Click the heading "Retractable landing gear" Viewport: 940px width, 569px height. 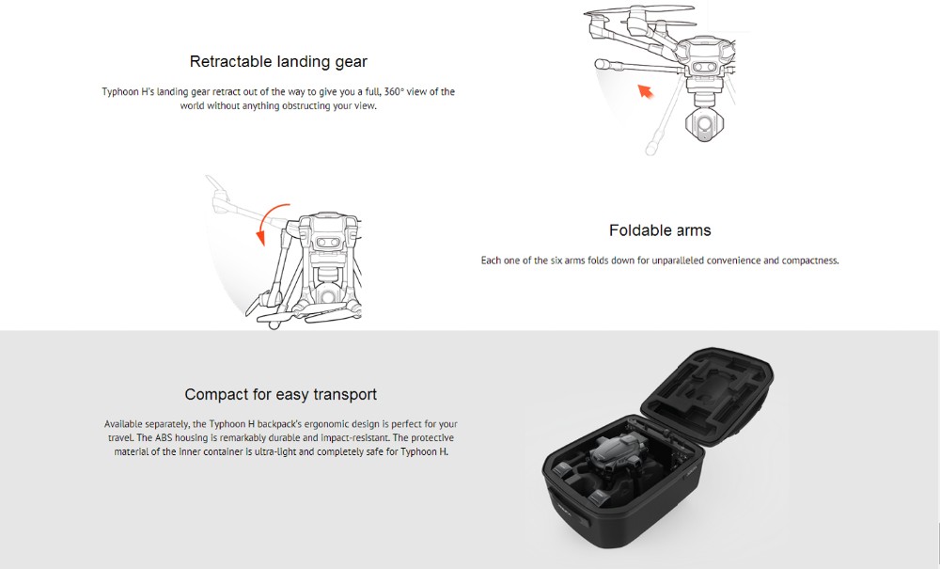[278, 62]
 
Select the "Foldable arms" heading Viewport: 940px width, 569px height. [660, 230]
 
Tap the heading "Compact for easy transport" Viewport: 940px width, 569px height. [280, 394]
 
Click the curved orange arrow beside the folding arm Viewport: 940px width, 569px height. [269, 220]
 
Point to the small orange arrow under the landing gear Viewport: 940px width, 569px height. [645, 91]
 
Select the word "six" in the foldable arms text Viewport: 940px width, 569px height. [556, 261]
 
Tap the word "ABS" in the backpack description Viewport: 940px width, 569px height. [164, 437]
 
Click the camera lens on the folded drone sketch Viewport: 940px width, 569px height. [328, 296]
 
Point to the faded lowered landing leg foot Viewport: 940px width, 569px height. [651, 147]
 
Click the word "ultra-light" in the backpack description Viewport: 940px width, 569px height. [275, 451]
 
